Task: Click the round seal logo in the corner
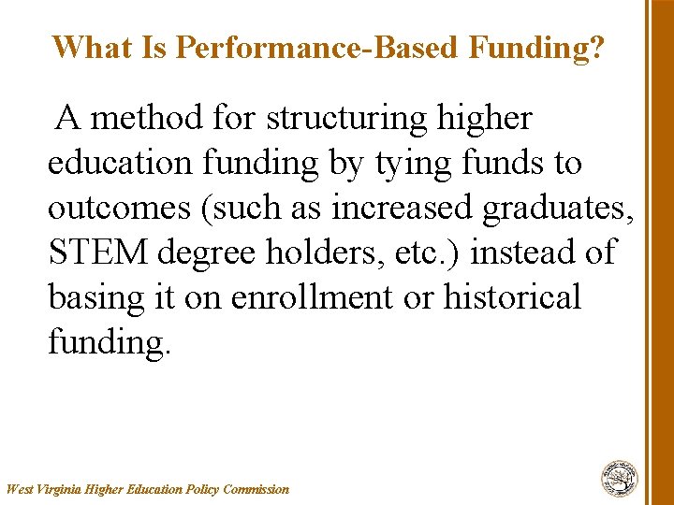coord(619,478)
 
